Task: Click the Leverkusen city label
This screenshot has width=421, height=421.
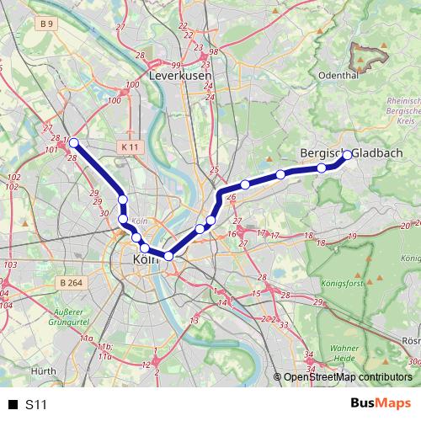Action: tap(179, 75)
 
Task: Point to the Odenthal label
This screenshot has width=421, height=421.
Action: tap(339, 74)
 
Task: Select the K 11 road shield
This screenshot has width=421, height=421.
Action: tap(128, 147)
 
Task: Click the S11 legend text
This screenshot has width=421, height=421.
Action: tap(35, 404)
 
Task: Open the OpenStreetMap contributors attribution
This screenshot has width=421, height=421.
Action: tap(347, 378)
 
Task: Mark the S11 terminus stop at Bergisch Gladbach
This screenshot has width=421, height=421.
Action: tap(347, 155)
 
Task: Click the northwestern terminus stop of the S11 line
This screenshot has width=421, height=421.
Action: tap(74, 142)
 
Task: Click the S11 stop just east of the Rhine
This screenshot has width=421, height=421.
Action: tap(200, 228)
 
